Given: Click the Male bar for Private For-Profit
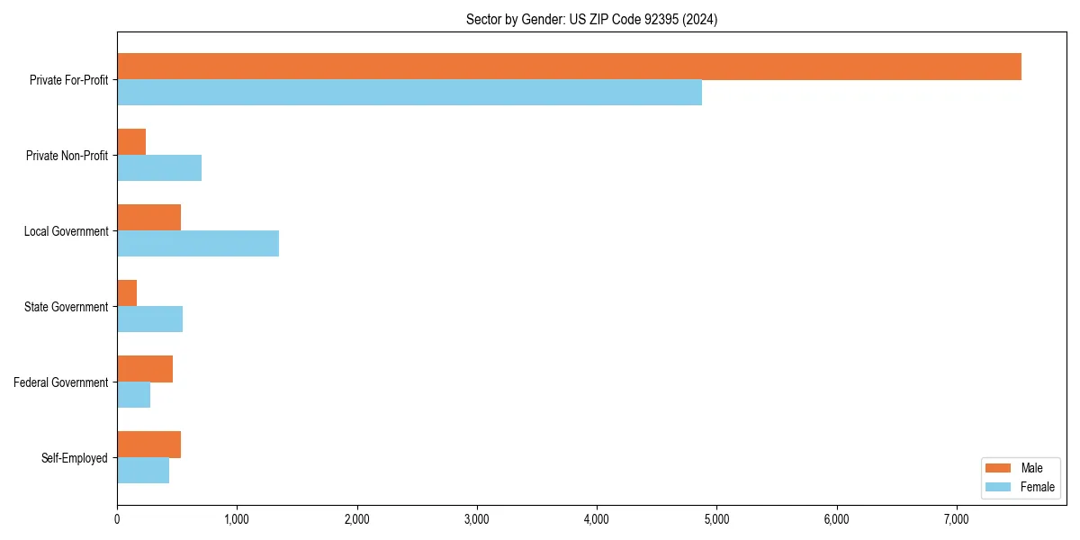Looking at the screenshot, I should coord(569,67).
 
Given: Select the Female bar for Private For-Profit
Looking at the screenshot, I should coord(409,93).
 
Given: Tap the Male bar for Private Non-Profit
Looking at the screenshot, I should coord(131,142).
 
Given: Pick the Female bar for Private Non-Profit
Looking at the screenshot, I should coord(159,168).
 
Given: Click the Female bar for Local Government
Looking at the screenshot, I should coord(198,244).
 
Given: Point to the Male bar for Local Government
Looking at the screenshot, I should coord(148,218).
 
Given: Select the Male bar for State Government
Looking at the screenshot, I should coord(127,293).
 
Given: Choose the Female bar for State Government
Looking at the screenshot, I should coord(149,319).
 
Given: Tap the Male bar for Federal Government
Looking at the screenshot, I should coord(145,369).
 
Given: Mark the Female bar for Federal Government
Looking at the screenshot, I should coord(133,395).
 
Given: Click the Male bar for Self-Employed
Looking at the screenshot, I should coord(148,445).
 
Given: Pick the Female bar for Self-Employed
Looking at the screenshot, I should coord(143,471).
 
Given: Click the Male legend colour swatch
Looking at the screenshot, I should coord(999,468).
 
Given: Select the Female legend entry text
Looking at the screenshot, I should coord(1037,487).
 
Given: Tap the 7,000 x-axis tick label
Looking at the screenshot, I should coord(957,518).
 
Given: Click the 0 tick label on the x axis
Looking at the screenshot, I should coord(117,518).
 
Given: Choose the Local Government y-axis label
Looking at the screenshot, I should coord(66,231).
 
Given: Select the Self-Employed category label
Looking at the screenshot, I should coord(75,458).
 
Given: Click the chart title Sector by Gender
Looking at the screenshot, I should coord(591,19).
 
